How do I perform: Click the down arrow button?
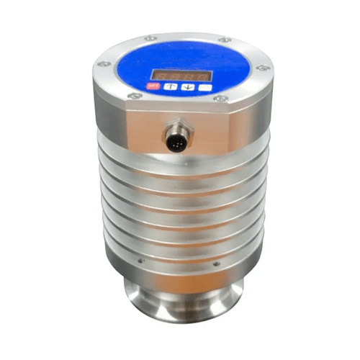187,87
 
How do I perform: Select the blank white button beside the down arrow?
205,86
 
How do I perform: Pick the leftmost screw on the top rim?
104,64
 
